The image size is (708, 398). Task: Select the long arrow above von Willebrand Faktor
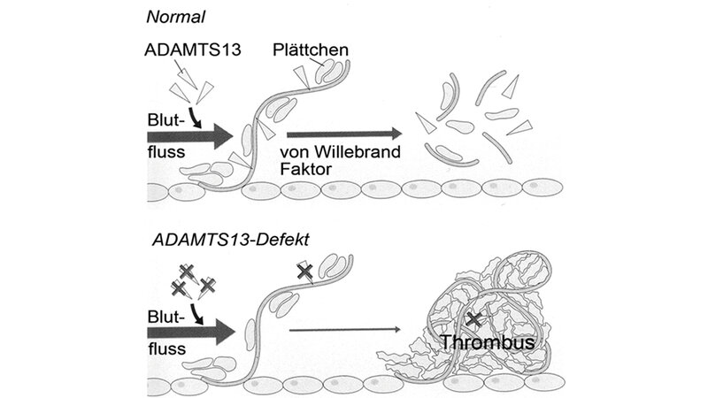click(340, 133)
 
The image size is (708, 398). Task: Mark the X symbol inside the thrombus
click(476, 318)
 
